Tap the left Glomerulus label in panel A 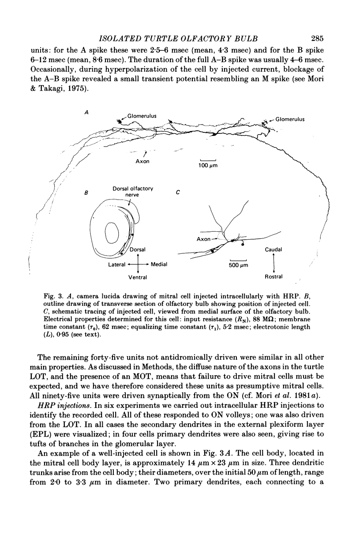click(x=142, y=116)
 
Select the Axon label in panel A click(x=142, y=161)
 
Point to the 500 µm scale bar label click(x=239, y=266)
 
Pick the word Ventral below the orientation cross click(x=138, y=278)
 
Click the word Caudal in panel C click(x=274, y=249)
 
